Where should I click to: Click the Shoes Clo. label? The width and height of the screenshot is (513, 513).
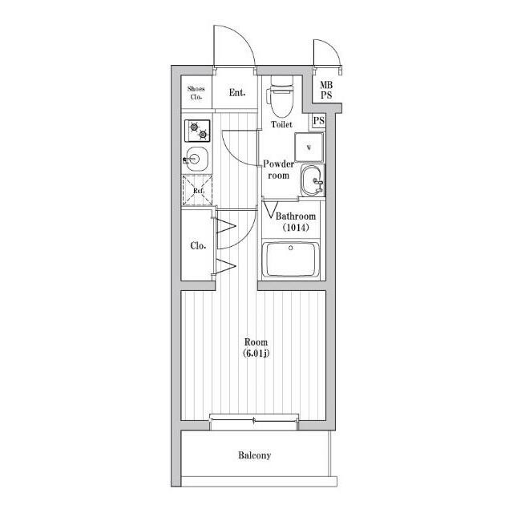(x=196, y=93)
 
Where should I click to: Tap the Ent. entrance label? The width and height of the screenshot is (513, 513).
(x=237, y=93)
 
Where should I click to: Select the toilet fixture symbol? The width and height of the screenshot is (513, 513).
(x=281, y=97)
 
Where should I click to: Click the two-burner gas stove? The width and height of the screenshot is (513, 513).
(x=197, y=131)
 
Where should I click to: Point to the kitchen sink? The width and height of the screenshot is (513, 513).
(x=196, y=159)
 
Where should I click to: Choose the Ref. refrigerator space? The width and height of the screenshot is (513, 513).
(x=198, y=191)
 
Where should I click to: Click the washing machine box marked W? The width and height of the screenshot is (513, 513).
(x=309, y=147)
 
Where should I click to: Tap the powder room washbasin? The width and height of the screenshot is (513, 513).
(x=313, y=180)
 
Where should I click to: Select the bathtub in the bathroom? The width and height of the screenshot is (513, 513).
(x=291, y=259)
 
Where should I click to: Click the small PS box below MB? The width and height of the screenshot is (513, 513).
(x=319, y=121)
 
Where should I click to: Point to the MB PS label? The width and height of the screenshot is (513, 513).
(x=326, y=91)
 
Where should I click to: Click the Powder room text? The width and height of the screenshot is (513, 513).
(x=278, y=169)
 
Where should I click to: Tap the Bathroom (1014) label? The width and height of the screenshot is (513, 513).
(x=296, y=221)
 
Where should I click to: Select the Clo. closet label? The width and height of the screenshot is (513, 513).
(x=198, y=246)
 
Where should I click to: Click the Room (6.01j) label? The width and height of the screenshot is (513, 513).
(x=256, y=347)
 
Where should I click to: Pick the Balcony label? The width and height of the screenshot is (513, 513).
(x=255, y=455)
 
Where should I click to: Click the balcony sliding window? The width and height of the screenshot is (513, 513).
(x=254, y=421)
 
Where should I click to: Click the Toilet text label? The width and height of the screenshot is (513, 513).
(x=281, y=124)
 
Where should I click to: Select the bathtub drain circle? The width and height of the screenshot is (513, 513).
(x=290, y=248)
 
